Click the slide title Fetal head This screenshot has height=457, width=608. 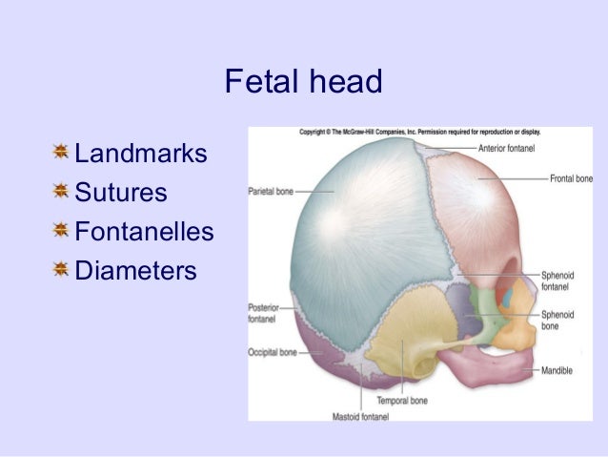pos(303,83)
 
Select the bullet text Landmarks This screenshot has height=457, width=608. pos(140,154)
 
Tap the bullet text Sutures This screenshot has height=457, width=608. pos(120,194)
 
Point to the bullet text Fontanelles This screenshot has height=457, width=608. pos(143,233)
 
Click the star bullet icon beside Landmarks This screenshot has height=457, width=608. pos(61,153)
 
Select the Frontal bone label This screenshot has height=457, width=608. pos(571,178)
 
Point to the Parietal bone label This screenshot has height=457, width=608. pos(272,190)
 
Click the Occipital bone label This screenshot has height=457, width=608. pos(273,352)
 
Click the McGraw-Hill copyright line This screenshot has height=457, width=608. pos(419,133)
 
